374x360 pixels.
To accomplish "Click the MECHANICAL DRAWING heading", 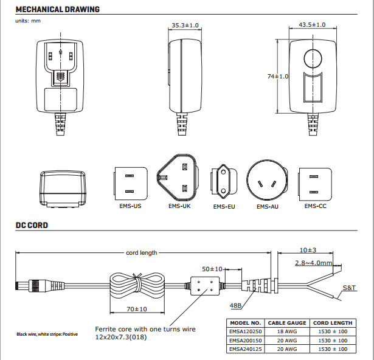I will point(58,10).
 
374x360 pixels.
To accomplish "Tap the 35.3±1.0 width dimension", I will point(185,26).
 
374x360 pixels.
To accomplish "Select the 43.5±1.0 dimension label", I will point(312,25).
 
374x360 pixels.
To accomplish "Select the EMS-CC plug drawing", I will point(315,184).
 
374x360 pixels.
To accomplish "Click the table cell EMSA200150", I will point(244,341).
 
